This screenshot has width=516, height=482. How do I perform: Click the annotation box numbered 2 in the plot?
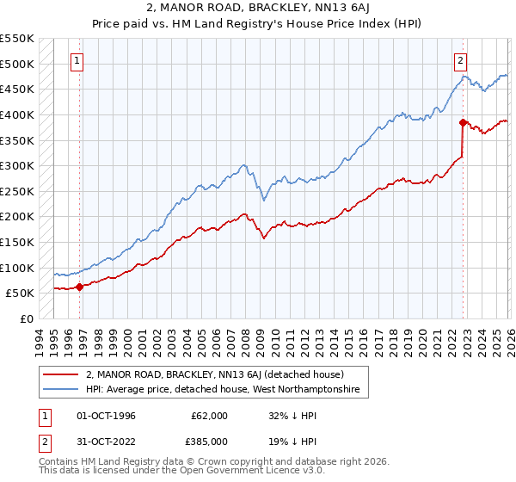(x=462, y=60)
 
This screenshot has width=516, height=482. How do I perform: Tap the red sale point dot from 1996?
(x=79, y=287)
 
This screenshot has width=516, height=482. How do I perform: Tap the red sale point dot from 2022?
(x=463, y=122)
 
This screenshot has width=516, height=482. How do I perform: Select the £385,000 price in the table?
(x=209, y=443)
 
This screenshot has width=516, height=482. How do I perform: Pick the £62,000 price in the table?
(x=209, y=416)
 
